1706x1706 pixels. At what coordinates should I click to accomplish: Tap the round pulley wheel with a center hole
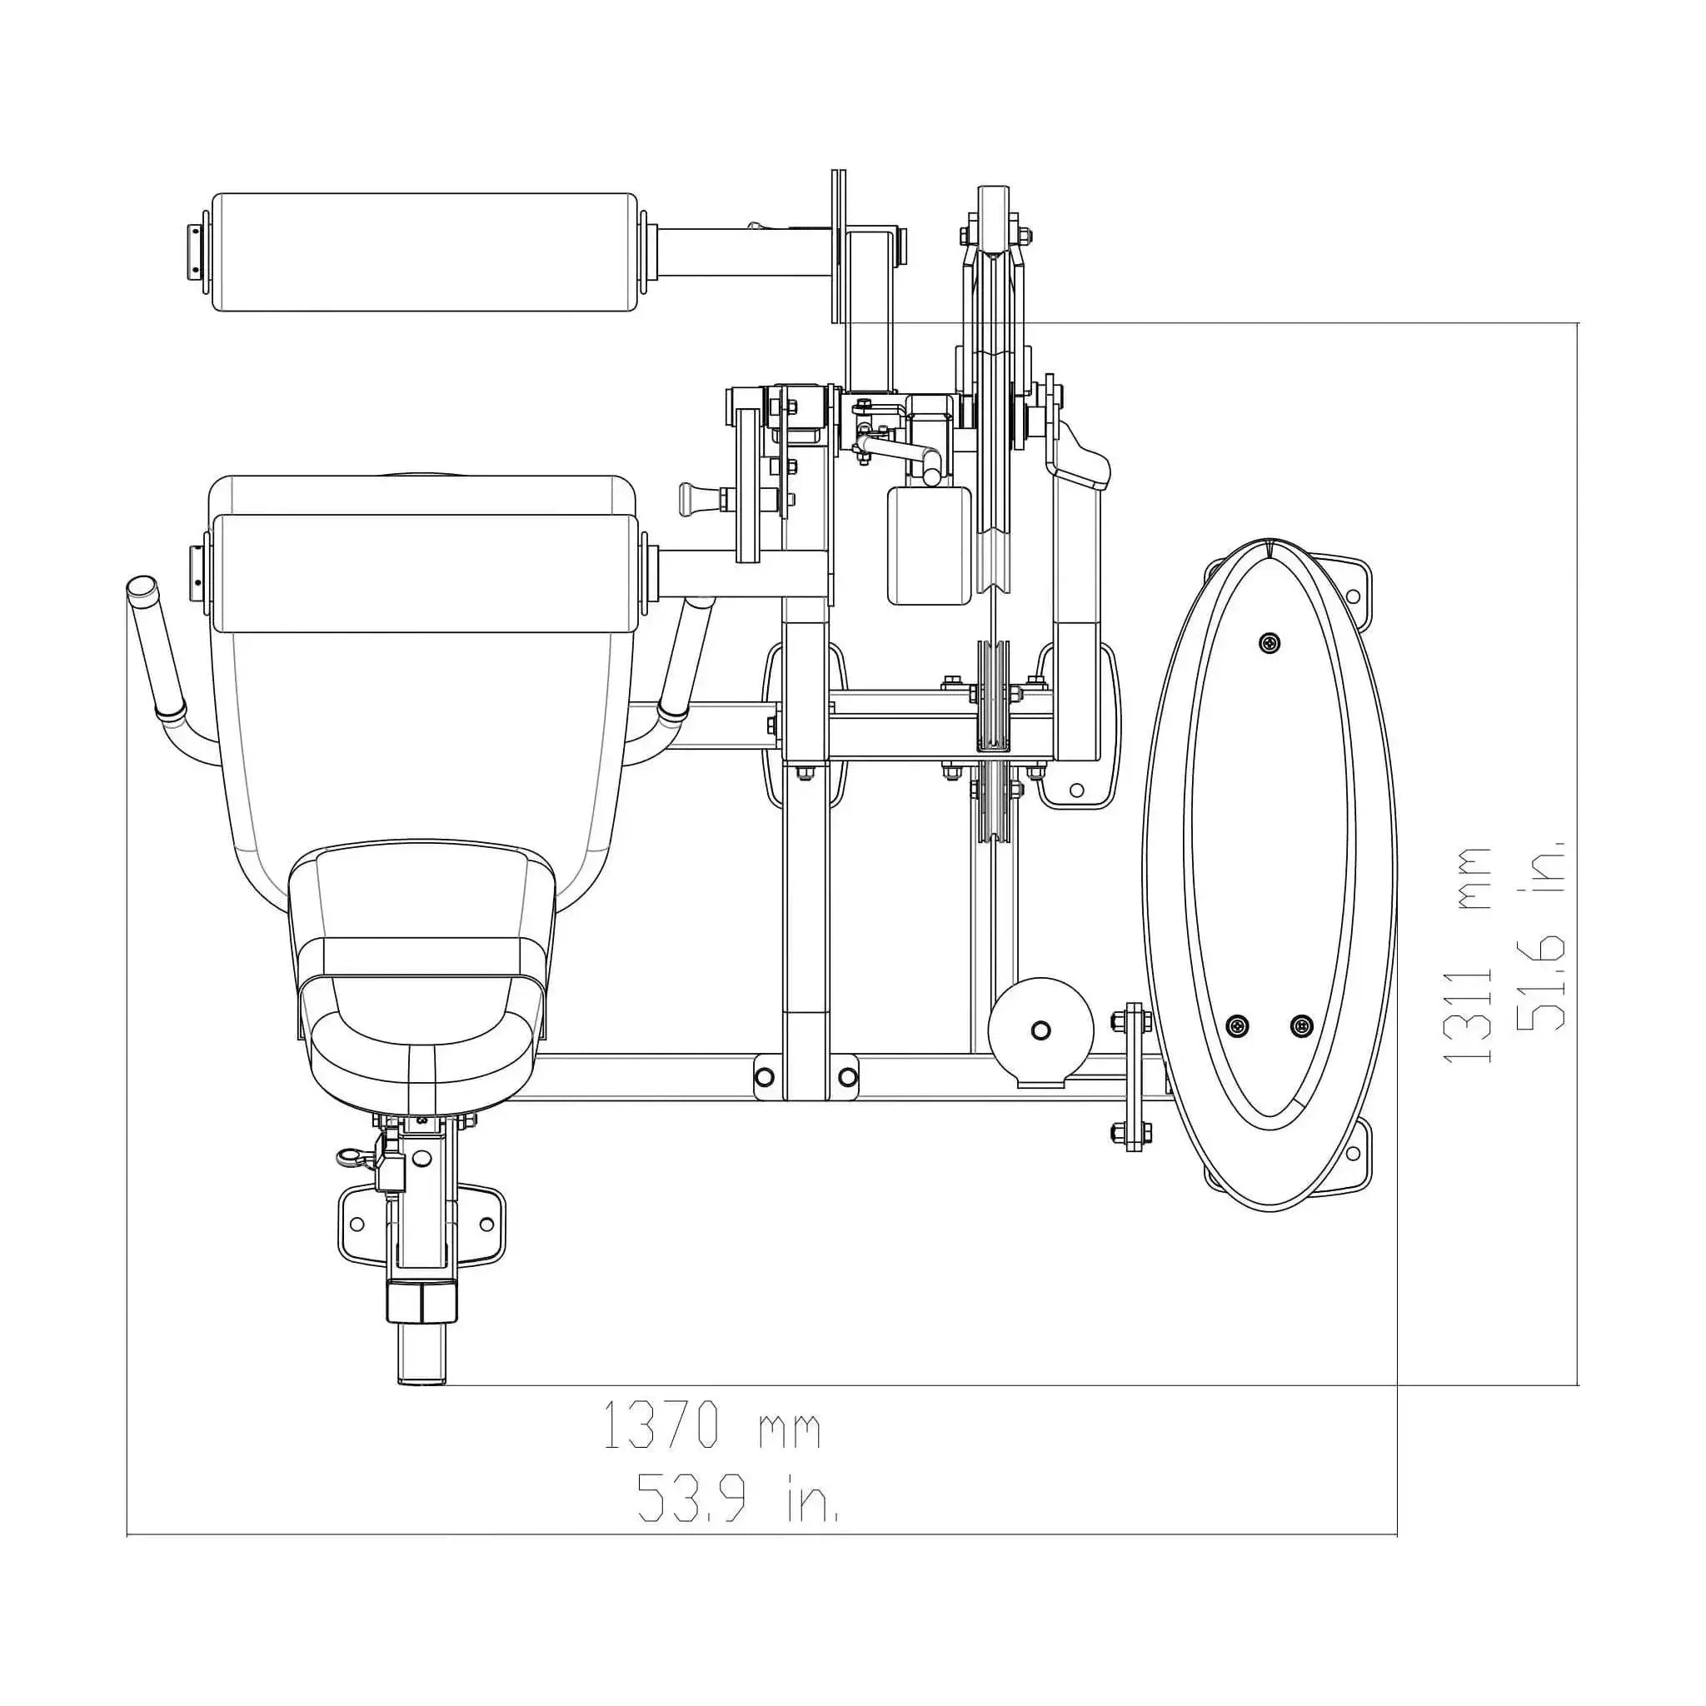click(x=1041, y=1030)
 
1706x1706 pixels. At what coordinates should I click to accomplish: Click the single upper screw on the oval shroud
click(x=1269, y=643)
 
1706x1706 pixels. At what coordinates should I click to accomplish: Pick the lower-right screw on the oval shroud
click(x=1303, y=1025)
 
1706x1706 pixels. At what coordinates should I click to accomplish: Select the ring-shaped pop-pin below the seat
click(x=347, y=1156)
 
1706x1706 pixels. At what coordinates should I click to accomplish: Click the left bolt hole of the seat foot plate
click(x=357, y=1224)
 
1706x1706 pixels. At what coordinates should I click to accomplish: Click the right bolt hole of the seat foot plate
click(x=486, y=1224)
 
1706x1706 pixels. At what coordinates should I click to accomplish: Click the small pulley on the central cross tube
click(x=995, y=697)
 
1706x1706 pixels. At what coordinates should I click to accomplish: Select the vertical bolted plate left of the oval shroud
click(x=1133, y=1076)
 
